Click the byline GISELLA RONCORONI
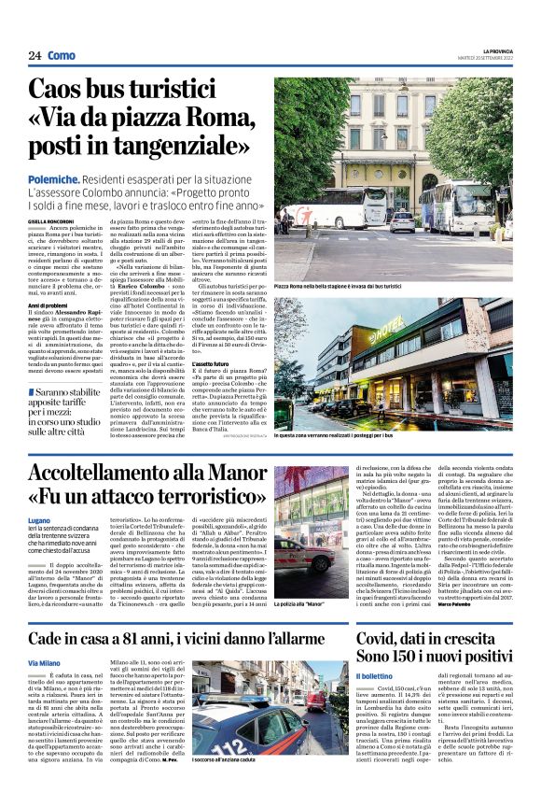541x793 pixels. [52, 219]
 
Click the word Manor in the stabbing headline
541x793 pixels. [236, 474]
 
